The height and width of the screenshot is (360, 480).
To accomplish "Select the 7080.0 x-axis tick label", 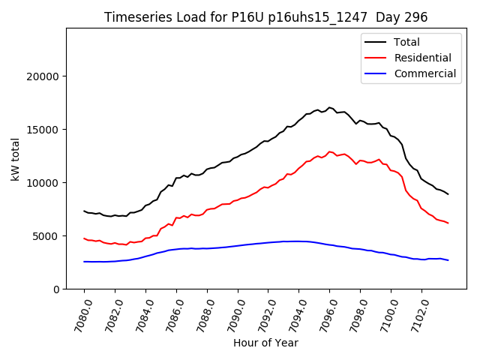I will pyautogui.click(x=77, y=313).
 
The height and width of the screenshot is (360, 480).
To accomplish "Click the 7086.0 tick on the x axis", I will pyautogui.click(x=169, y=313).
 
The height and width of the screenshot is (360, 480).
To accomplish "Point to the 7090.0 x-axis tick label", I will pyautogui.click(x=231, y=313).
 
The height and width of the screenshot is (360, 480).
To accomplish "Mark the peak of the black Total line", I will pyautogui.click(x=330, y=107).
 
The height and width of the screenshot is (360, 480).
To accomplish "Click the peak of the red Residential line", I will pyautogui.click(x=330, y=151).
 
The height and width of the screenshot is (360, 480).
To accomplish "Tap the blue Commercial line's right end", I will pyautogui.click(x=448, y=260).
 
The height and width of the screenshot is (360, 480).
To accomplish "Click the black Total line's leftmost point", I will pyautogui.click(x=84, y=211).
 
